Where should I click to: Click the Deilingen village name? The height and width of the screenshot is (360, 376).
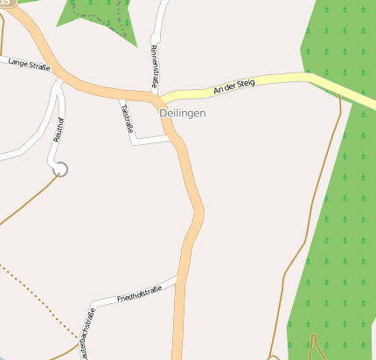tap(183, 114)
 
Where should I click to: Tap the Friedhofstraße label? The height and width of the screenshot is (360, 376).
tap(140, 294)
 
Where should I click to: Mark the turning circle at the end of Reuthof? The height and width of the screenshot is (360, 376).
tap(59, 168)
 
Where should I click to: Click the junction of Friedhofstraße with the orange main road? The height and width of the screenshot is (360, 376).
tap(178, 279)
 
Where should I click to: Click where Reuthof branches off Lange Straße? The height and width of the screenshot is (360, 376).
tap(59, 81)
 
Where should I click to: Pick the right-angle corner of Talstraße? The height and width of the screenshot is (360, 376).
tap(134, 142)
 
